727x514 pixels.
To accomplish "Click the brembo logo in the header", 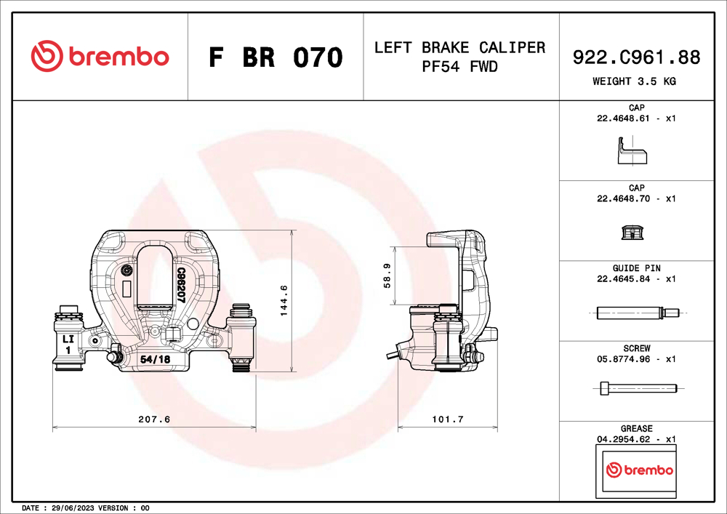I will pyautogui.click(x=100, y=56).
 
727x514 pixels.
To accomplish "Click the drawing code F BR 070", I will pyautogui.click(x=275, y=57).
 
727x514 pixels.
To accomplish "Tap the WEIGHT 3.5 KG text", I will pyautogui.click(x=634, y=81).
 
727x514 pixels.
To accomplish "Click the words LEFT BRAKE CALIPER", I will pyautogui.click(x=459, y=48).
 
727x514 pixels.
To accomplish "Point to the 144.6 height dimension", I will pyautogui.click(x=284, y=300).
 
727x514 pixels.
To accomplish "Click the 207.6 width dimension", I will pyautogui.click(x=153, y=419).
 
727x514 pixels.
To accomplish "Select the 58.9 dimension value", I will pyautogui.click(x=387, y=276).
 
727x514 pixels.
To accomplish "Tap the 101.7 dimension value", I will pyautogui.click(x=448, y=419).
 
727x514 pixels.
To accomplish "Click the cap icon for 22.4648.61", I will pyautogui.click(x=631, y=153).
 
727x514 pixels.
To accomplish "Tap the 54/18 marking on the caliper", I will pyautogui.click(x=155, y=359).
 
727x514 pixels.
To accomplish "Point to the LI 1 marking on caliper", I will pyautogui.click(x=67, y=344).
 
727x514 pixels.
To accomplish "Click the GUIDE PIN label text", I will pyautogui.click(x=636, y=268).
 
